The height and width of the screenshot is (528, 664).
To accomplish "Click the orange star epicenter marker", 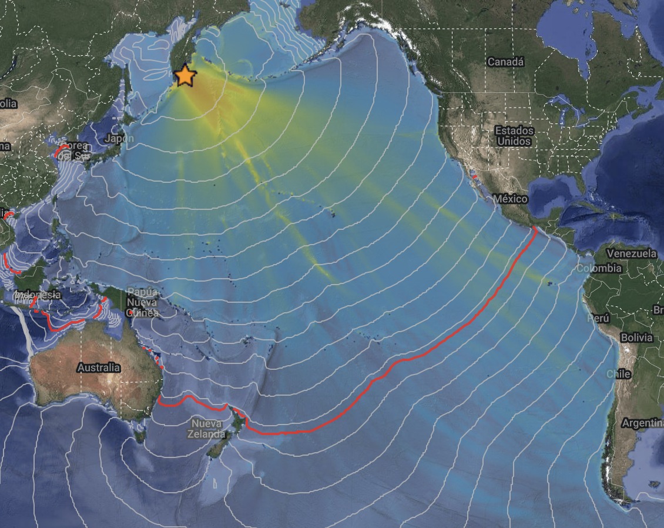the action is coord(185,75).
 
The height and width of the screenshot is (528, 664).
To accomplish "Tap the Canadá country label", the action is coord(505,62).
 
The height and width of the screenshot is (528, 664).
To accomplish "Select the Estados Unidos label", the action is coord(514,136).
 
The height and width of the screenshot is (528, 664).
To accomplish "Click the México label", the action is coord(511,199).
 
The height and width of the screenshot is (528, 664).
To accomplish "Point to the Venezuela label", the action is coord(631,253).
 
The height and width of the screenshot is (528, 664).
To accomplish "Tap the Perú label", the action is coord(598,318).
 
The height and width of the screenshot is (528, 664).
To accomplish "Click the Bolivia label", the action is coord(636,337).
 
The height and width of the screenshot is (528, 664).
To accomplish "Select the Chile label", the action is coord(619,374).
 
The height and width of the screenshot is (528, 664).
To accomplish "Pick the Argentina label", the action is coord(642,423).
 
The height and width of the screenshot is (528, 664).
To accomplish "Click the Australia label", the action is coord(98,367).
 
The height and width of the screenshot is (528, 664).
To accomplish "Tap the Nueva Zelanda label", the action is coord(206,429).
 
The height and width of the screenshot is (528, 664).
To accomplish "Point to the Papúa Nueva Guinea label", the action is coord(143,303).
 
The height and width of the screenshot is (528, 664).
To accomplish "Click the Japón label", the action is coord(119,139).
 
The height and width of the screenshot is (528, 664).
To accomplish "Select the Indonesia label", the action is coord(38,294).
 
